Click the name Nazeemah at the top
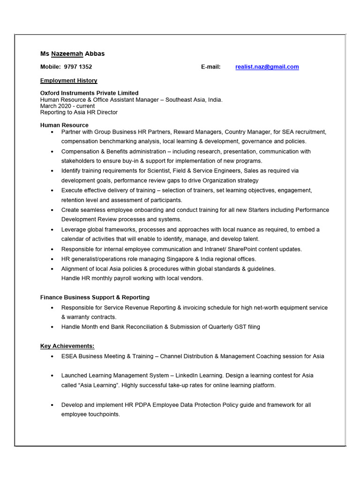[x=67, y=53]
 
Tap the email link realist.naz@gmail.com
[x=267, y=67]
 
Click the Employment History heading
[x=68, y=81]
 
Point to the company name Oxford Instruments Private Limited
[x=89, y=93]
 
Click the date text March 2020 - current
[x=67, y=106]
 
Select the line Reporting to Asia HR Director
[x=79, y=112]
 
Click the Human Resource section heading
[x=64, y=125]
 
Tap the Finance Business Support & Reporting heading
[x=95, y=297]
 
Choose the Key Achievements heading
[x=67, y=346]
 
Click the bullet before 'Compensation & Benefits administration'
[x=52, y=152]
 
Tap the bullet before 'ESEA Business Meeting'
[x=52, y=357]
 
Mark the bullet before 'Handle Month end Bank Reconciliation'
[x=52, y=327]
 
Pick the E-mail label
[x=210, y=67]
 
